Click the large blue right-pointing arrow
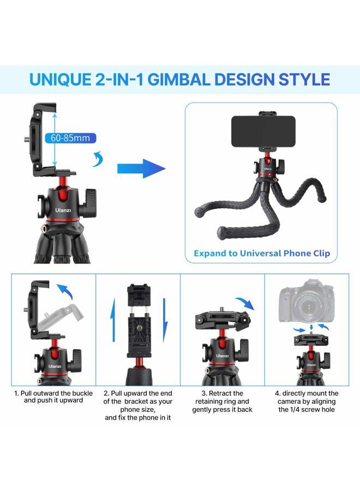click(141, 167)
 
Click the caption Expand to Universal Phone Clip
click(262, 253)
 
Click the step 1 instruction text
click(53, 397)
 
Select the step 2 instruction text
click(138, 405)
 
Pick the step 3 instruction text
click(222, 401)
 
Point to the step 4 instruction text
click(307, 401)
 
